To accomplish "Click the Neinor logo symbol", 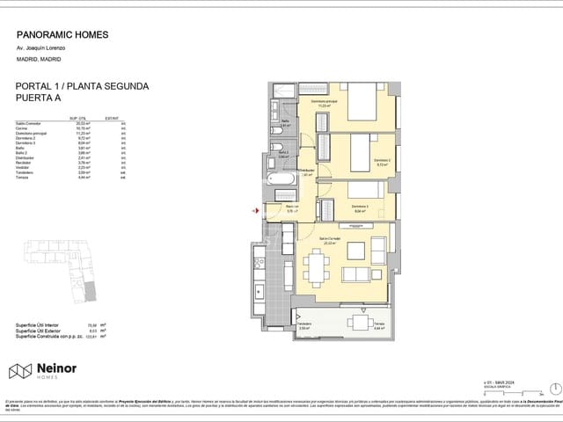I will click(20, 372).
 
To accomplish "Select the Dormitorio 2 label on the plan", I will click(383, 161).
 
